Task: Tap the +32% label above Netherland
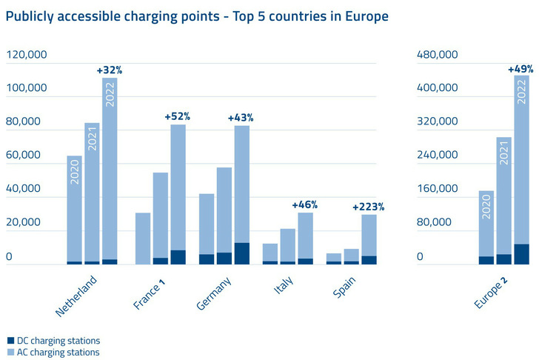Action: [109, 70]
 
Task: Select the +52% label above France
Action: [177, 116]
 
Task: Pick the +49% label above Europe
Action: [521, 70]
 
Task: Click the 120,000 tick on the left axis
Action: [27, 55]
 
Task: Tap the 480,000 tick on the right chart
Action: [438, 55]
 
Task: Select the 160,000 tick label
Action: [438, 189]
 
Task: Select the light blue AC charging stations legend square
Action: [10, 353]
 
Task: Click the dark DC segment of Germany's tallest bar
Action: [241, 253]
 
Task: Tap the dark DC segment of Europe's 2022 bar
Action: [521, 254]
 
